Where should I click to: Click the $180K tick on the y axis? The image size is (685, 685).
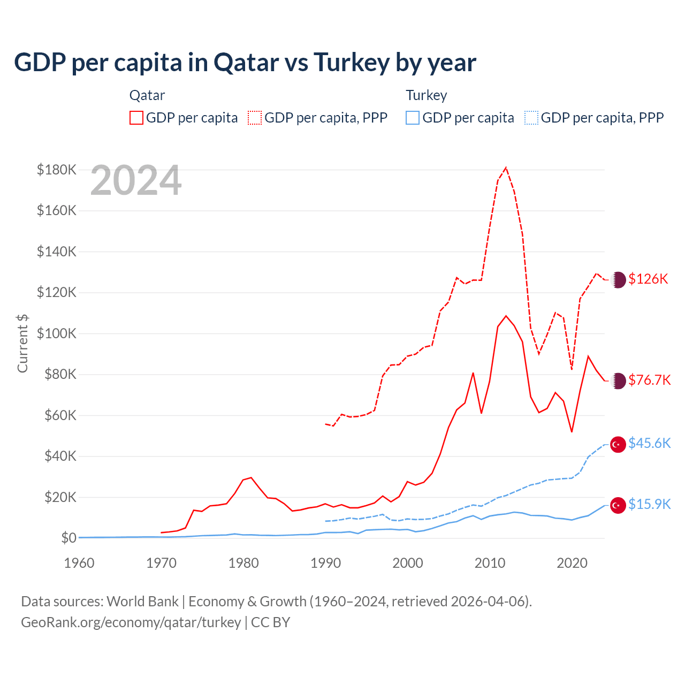click(57, 170)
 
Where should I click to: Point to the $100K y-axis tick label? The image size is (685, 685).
click(57, 333)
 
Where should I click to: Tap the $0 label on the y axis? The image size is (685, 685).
click(68, 538)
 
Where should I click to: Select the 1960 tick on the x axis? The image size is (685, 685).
click(79, 563)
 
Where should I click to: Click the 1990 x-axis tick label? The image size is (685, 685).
click(325, 563)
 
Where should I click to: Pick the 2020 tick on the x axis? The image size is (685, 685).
click(572, 563)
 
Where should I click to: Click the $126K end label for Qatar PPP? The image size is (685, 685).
click(648, 279)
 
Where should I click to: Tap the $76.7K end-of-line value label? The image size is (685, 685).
click(649, 380)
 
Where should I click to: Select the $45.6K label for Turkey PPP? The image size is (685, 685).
click(649, 443)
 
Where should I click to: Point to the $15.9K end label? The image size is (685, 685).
click(649, 504)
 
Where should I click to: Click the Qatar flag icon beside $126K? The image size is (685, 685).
click(618, 279)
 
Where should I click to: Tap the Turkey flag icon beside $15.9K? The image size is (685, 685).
click(618, 505)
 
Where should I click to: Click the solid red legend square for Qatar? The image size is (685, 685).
click(136, 118)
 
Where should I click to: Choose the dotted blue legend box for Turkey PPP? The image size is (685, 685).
click(531, 118)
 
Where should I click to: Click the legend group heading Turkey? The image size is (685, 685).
click(426, 95)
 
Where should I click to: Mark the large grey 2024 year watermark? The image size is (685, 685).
click(136, 181)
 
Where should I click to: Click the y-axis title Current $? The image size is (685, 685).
click(22, 343)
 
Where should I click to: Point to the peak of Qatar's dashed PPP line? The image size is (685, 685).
click(506, 168)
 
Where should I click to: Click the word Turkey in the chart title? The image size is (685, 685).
click(352, 62)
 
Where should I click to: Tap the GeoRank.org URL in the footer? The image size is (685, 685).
click(131, 622)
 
